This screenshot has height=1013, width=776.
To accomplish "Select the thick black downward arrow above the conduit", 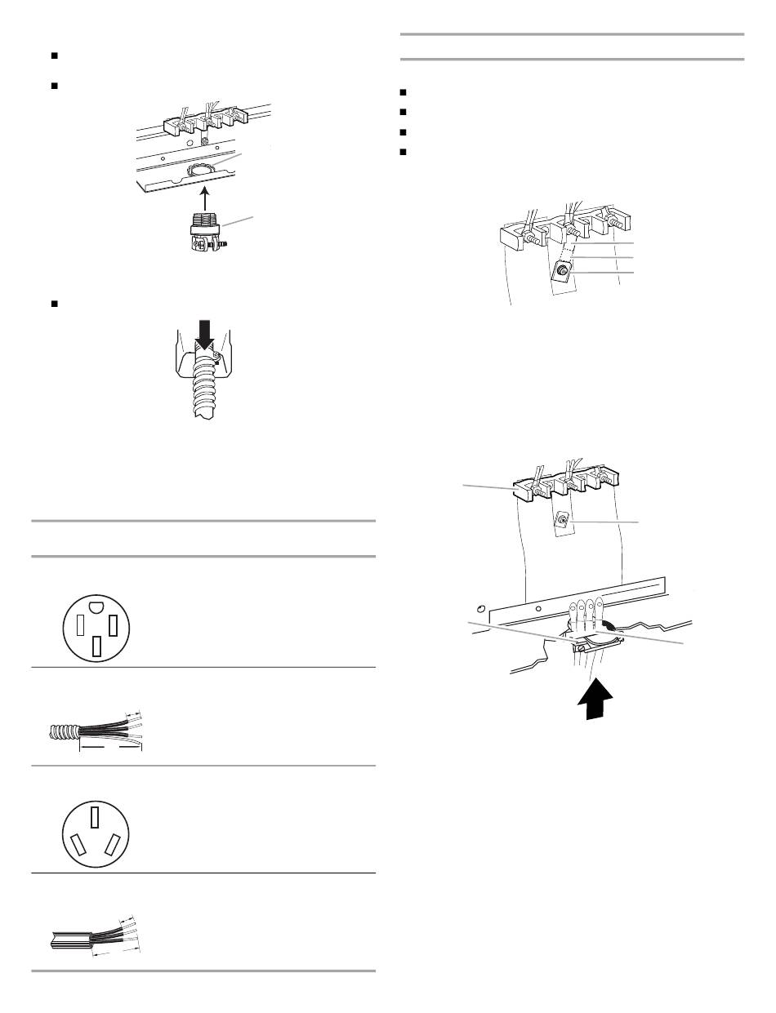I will click(202, 335).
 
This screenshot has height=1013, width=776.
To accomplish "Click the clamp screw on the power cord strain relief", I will click(578, 648).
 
